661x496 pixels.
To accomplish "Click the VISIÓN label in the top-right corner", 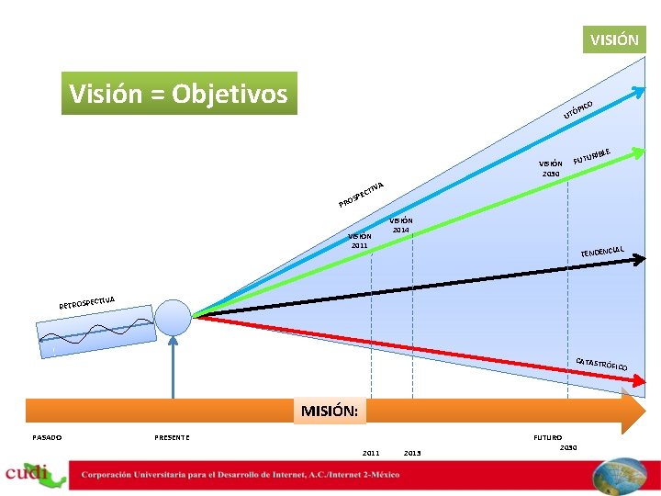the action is click(x=614, y=39).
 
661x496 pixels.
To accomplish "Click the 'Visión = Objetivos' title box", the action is click(x=179, y=94).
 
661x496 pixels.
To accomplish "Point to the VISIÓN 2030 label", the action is click(x=551, y=168).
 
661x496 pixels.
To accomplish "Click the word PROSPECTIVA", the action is click(x=360, y=193).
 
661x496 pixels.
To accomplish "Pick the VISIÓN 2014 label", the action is click(x=401, y=224).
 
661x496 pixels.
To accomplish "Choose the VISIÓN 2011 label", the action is click(x=359, y=241).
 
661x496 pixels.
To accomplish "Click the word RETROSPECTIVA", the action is click(x=88, y=300).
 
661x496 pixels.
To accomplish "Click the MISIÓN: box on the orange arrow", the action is click(x=330, y=411).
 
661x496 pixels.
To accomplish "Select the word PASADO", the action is click(x=47, y=437).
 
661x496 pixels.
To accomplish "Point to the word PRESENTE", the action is click(x=172, y=437).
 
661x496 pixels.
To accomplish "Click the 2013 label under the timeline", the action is click(x=412, y=452).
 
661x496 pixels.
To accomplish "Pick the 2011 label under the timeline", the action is click(x=370, y=452).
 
